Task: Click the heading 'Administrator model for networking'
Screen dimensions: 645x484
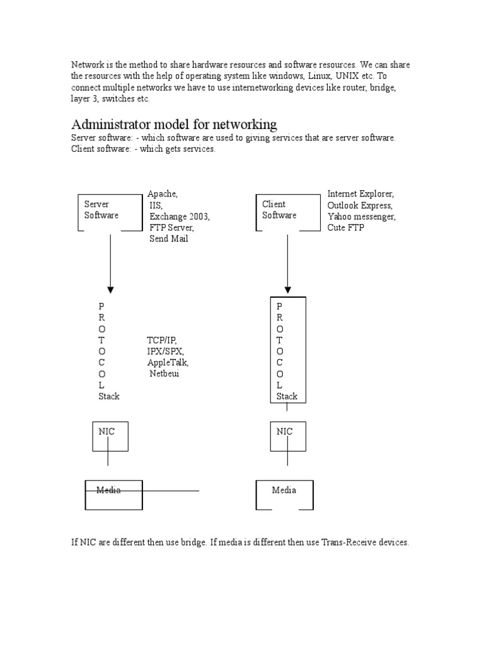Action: pos(174,123)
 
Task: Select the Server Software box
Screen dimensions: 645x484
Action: pos(110,212)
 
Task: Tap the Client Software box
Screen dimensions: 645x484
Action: pos(287,212)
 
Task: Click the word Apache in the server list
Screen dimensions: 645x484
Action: pos(163,194)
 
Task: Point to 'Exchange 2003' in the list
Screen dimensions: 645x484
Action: pos(180,217)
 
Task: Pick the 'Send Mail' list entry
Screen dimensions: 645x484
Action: pos(168,239)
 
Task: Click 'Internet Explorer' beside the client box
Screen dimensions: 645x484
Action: pos(360,194)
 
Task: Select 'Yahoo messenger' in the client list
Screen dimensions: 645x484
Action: pos(361,217)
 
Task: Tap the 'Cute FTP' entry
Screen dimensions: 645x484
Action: pos(345,228)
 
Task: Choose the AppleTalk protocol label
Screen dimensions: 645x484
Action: pos(168,363)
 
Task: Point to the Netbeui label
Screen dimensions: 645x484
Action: pos(164,374)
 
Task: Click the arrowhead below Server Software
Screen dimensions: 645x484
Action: pos(110,290)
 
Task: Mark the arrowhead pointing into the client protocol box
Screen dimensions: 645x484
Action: pos(288,290)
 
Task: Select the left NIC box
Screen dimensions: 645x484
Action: pos(110,436)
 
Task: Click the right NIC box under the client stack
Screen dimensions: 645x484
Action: pos(288,436)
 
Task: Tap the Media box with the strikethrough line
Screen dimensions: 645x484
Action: pos(113,494)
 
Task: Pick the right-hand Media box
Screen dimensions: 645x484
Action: pos(284,494)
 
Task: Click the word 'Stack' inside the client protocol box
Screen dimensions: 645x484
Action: pos(287,396)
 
